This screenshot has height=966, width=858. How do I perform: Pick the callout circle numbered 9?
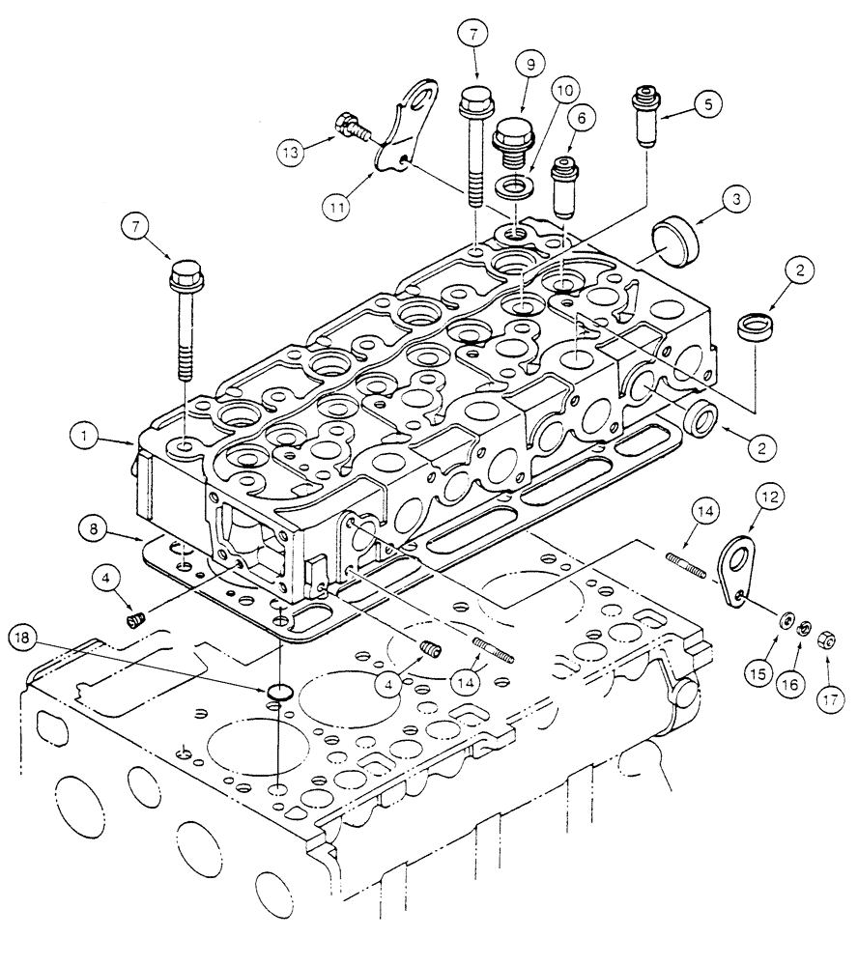(x=531, y=68)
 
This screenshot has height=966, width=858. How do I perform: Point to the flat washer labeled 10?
(x=514, y=184)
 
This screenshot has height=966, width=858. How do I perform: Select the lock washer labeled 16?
(x=805, y=630)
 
